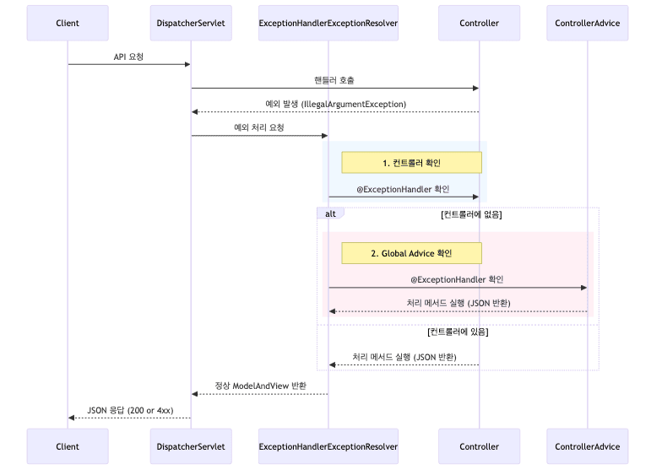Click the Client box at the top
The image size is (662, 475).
coord(68,23)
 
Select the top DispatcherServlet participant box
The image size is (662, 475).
coord(191,23)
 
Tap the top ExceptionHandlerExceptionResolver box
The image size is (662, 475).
coord(328,23)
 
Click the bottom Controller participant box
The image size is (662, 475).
coord(479,446)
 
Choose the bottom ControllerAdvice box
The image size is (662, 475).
coord(587,446)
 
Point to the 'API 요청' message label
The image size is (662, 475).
coord(128,56)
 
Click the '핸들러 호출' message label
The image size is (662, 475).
coord(334,80)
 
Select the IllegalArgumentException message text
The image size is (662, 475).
coord(335,104)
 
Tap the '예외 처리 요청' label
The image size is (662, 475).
coord(258,128)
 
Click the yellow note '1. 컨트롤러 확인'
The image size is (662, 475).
coord(411,163)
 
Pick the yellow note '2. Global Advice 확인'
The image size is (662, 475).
coord(411,253)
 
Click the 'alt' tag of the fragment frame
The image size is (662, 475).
coord(330,214)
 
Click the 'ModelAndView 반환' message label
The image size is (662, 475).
coord(260,386)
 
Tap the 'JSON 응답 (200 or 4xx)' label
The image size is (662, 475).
coord(130,410)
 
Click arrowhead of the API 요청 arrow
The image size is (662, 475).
coord(187,64)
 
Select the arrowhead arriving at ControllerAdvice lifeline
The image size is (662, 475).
coord(583,288)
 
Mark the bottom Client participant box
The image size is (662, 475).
coord(68,446)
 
